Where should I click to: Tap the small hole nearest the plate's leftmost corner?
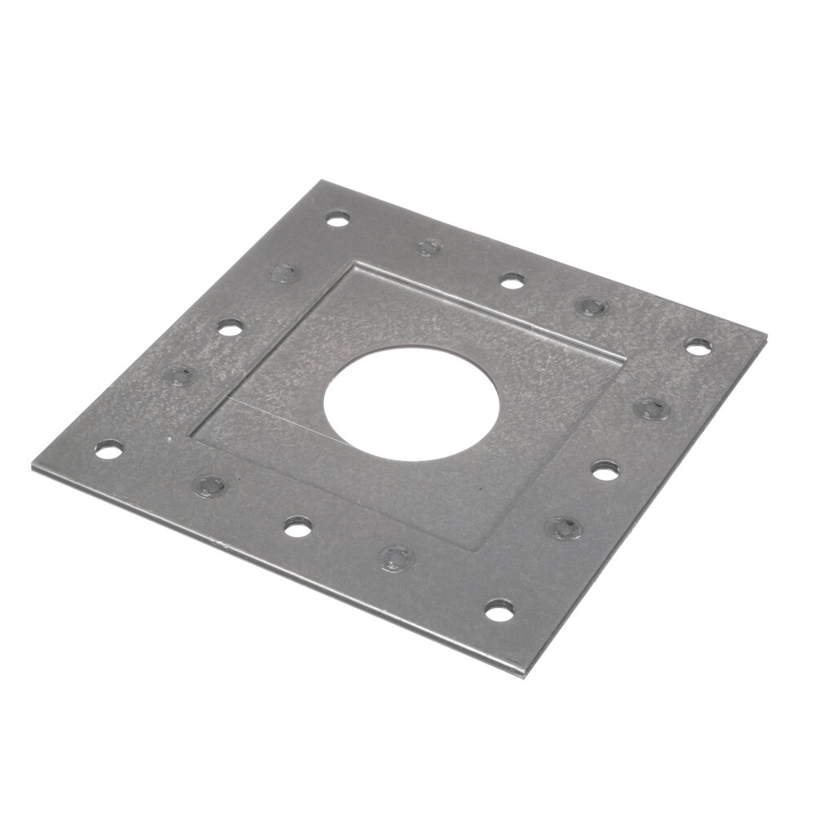[108, 449]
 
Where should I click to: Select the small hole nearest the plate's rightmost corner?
[698, 346]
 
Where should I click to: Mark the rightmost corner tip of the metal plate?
[766, 335]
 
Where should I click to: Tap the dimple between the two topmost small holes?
[428, 246]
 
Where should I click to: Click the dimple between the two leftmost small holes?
[178, 375]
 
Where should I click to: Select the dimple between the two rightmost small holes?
[650, 408]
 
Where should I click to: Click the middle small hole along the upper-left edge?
[231, 328]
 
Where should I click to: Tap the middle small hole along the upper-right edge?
[512, 282]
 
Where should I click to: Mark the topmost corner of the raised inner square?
[354, 261]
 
